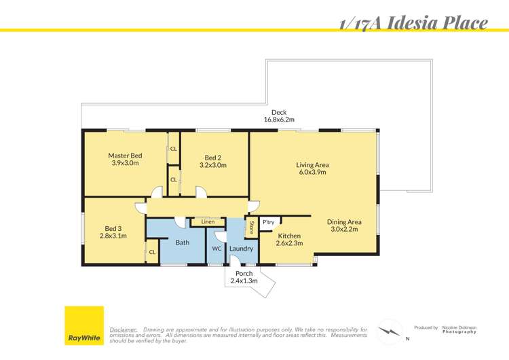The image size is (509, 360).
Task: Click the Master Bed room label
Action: pyautogui.click(x=125, y=156)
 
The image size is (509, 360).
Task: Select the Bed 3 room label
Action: pyautogui.click(x=113, y=228)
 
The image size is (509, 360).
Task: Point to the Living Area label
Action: pyautogui.click(x=312, y=164)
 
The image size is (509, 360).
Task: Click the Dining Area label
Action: pyautogui.click(x=344, y=222)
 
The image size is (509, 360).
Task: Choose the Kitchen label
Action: pyautogui.click(x=288, y=236)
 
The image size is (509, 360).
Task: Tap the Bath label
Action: pyautogui.click(x=183, y=242)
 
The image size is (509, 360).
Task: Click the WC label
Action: pyautogui.click(x=216, y=249)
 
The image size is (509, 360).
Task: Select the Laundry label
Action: pyautogui.click(x=241, y=249)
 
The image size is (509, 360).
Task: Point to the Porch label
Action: pyautogui.click(x=244, y=274)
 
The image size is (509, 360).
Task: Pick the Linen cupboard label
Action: pyautogui.click(x=208, y=221)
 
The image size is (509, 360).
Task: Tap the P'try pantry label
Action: pyautogui.click(x=268, y=221)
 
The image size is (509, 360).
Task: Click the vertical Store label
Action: pyautogui.click(x=251, y=227)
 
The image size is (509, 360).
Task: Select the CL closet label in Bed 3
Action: pyautogui.click(x=152, y=252)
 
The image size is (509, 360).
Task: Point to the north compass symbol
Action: pyautogui.click(x=390, y=331)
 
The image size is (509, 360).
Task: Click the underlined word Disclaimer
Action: pyautogui.click(x=123, y=329)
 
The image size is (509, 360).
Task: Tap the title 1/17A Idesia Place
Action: pyautogui.click(x=413, y=23)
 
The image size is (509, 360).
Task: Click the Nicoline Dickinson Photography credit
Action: pyautogui.click(x=459, y=329)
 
